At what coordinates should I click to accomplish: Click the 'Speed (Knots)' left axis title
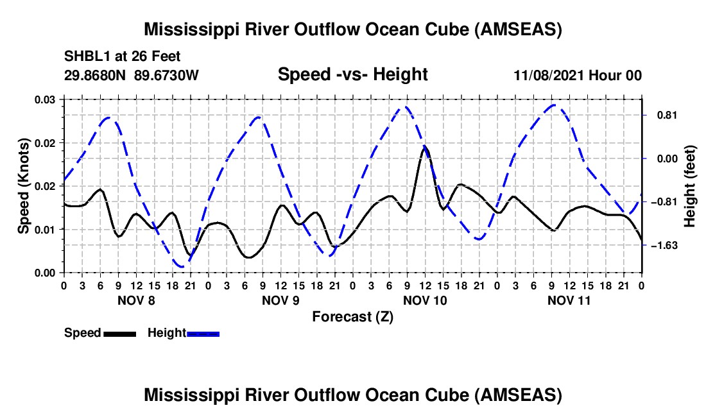point(24,185)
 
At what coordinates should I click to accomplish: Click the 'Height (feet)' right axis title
point(689,186)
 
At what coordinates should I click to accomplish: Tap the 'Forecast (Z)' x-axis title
point(352,316)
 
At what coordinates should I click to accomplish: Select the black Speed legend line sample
point(119,333)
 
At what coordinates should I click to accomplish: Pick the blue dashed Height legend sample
point(203,333)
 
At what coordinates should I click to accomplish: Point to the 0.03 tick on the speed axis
point(46,99)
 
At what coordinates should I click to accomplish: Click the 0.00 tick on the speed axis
point(46,273)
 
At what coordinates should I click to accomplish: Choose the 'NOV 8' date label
point(136,300)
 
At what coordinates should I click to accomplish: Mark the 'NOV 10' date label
point(425,300)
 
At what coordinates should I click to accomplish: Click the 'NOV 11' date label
point(569,300)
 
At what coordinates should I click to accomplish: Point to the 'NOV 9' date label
point(280,300)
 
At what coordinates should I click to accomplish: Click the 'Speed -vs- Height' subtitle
point(352,74)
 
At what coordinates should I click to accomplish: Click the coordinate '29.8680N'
point(96,75)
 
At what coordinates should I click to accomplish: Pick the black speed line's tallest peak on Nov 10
point(425,148)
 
